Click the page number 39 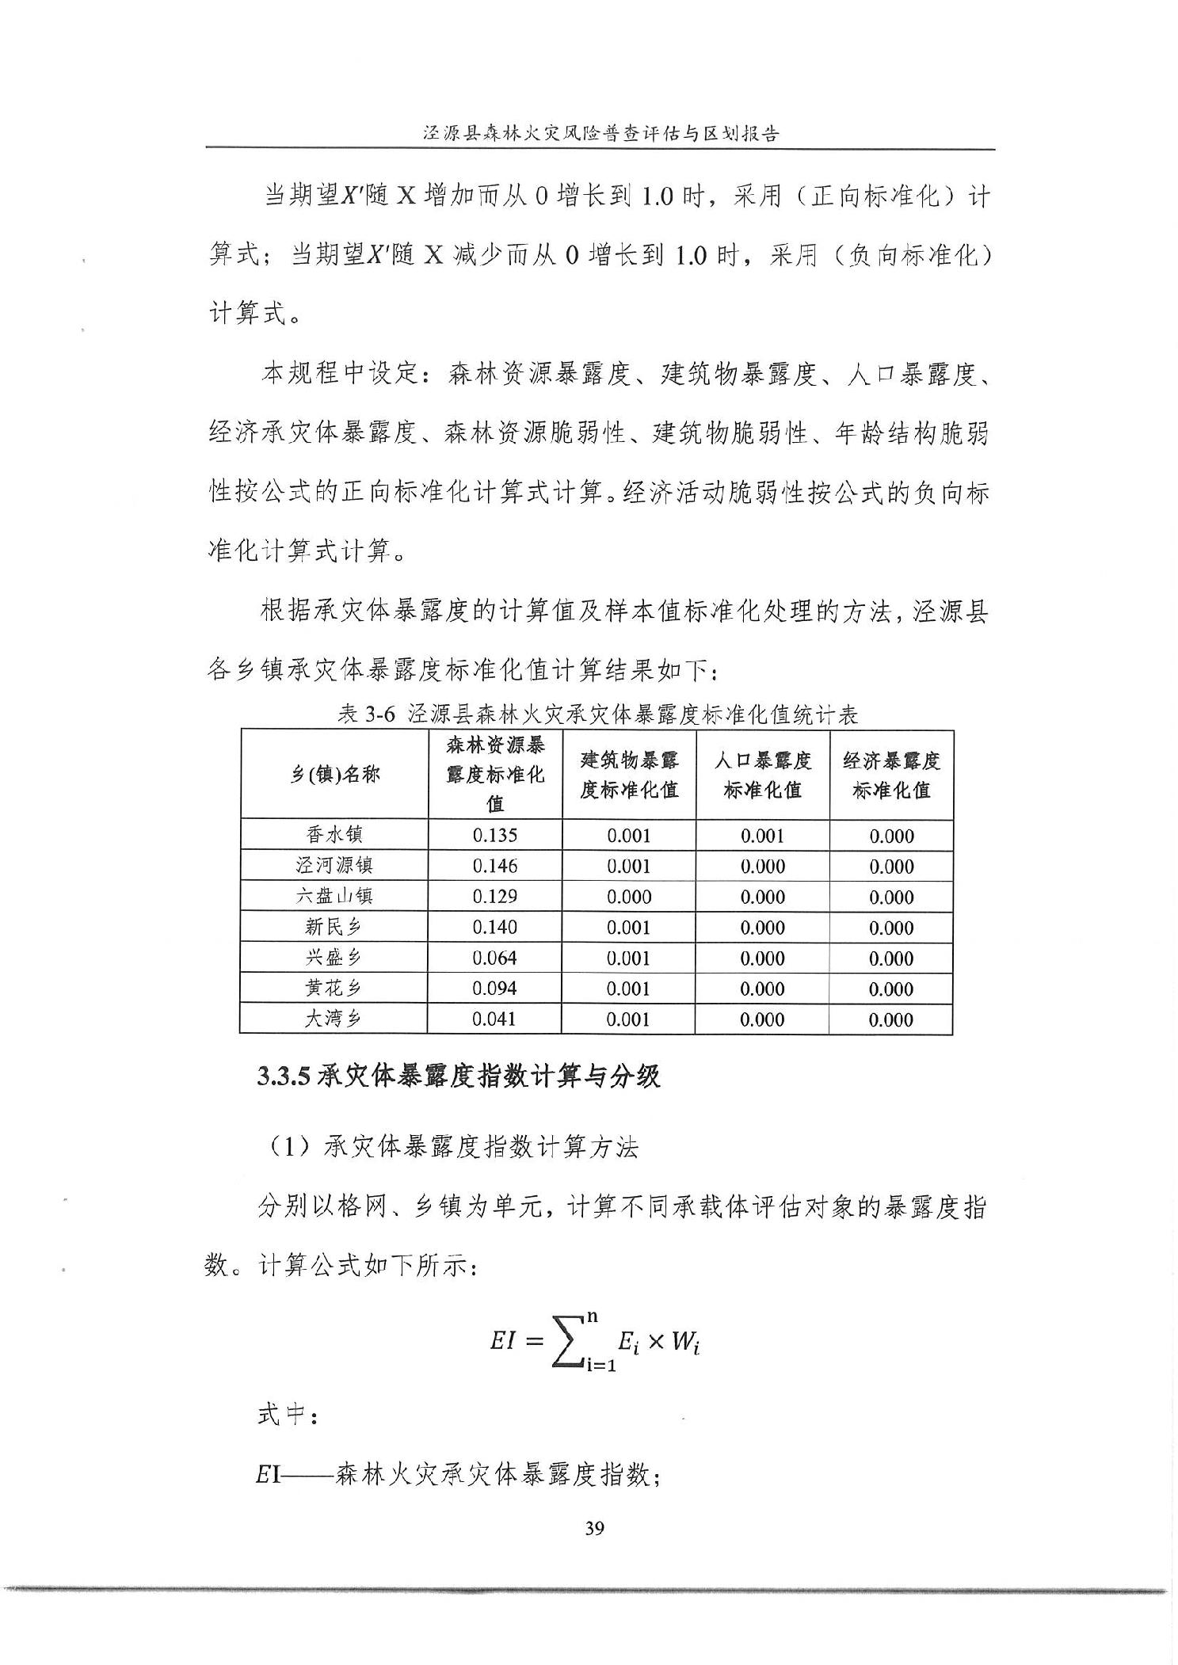click(x=594, y=1528)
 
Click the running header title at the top click(x=600, y=133)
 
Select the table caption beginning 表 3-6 click(x=598, y=715)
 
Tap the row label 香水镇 click(x=334, y=835)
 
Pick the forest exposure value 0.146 click(x=494, y=866)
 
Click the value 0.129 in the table click(x=494, y=896)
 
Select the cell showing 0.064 click(x=494, y=958)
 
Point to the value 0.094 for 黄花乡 click(x=494, y=988)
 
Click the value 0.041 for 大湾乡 click(x=494, y=1019)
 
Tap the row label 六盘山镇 click(x=334, y=896)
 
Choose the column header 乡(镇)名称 click(x=334, y=775)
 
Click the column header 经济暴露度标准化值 click(x=891, y=775)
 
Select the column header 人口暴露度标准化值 click(x=762, y=775)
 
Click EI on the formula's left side click(x=504, y=1340)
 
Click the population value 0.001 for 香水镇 click(x=762, y=836)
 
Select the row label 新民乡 click(x=334, y=927)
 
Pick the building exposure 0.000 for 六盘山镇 click(x=629, y=897)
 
